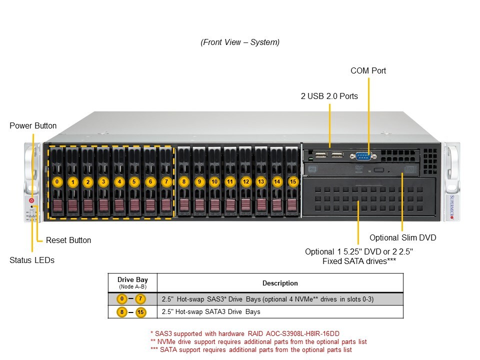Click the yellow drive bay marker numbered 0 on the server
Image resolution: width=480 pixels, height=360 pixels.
(x=57, y=181)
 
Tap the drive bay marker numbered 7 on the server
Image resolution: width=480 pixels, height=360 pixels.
(x=166, y=181)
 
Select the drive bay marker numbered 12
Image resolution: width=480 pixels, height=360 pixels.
(x=245, y=181)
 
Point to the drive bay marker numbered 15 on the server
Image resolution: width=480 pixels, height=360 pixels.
(x=293, y=181)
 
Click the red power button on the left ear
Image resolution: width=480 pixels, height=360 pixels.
(x=32, y=200)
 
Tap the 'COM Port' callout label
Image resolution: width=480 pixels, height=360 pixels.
(x=368, y=70)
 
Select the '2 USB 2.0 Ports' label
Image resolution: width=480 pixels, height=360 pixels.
(x=329, y=96)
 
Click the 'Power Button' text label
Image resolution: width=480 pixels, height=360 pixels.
(x=33, y=125)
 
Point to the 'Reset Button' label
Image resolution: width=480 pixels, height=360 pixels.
(x=68, y=240)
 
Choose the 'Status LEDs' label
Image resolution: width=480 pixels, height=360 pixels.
(x=32, y=260)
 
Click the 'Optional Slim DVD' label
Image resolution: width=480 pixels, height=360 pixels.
(x=402, y=237)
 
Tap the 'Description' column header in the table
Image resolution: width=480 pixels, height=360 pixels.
(x=279, y=283)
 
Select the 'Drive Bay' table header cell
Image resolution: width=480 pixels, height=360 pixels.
(x=132, y=282)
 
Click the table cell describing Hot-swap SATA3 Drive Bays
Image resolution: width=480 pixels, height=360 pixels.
(x=279, y=312)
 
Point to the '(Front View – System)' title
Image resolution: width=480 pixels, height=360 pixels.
(x=240, y=42)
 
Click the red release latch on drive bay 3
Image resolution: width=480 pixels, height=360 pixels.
(x=103, y=205)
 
